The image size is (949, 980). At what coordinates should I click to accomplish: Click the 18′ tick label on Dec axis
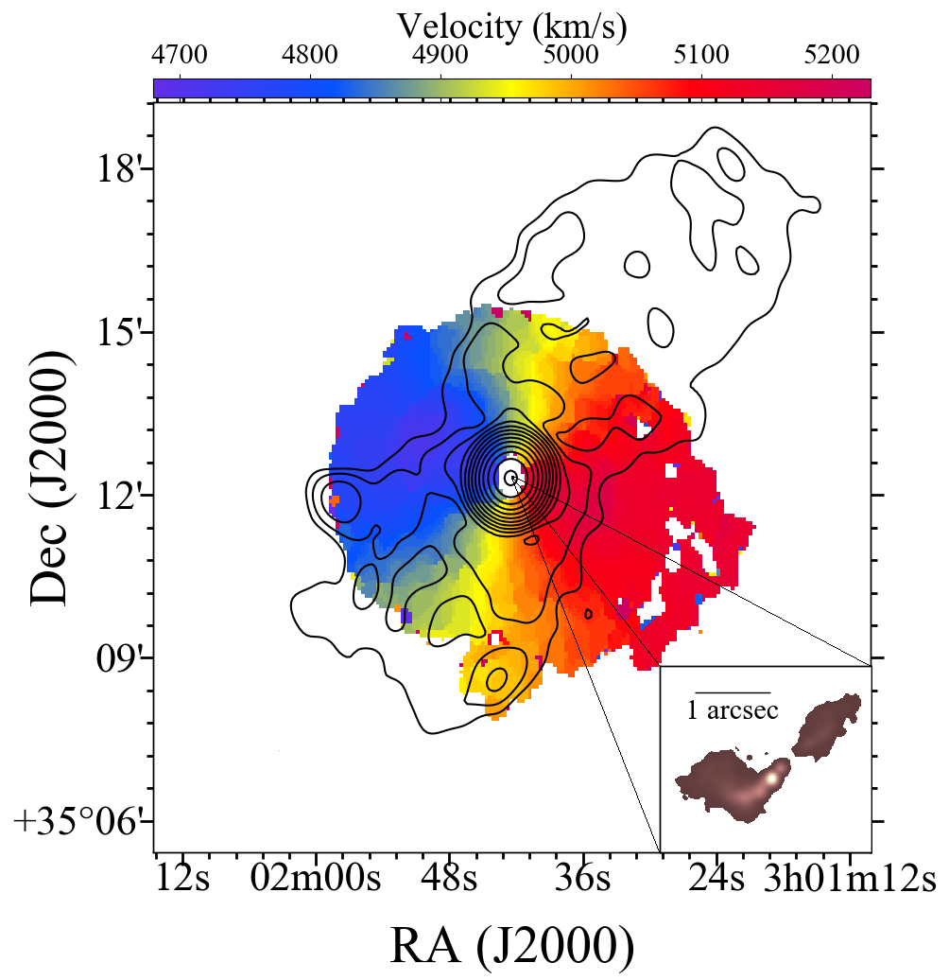pyautogui.click(x=120, y=171)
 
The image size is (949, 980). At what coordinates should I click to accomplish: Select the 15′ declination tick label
pyautogui.click(x=120, y=334)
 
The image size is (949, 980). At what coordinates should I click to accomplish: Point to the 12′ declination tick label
pyautogui.click(x=120, y=496)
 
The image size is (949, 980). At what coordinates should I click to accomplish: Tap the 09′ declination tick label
pyautogui.click(x=120, y=657)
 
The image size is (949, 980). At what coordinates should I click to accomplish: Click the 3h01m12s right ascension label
pyautogui.click(x=851, y=879)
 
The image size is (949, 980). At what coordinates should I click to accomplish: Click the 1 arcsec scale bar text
pyautogui.click(x=733, y=711)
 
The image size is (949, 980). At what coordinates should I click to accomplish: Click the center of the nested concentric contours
pyautogui.click(x=511, y=478)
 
